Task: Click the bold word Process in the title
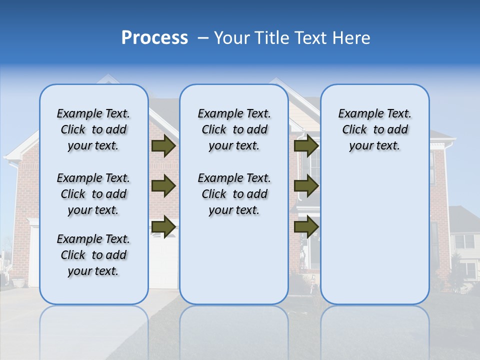(x=154, y=38)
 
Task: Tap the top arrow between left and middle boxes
(x=163, y=146)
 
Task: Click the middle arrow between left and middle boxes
(x=163, y=186)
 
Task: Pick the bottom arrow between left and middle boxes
(x=163, y=226)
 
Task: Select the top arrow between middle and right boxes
(x=306, y=146)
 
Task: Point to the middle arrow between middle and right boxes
(x=306, y=186)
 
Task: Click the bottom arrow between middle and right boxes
(x=306, y=226)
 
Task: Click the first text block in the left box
(x=93, y=130)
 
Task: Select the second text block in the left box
(x=93, y=194)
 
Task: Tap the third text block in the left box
(x=93, y=255)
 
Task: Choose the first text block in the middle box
(x=234, y=130)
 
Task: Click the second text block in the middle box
(x=234, y=194)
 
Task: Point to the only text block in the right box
(x=374, y=130)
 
